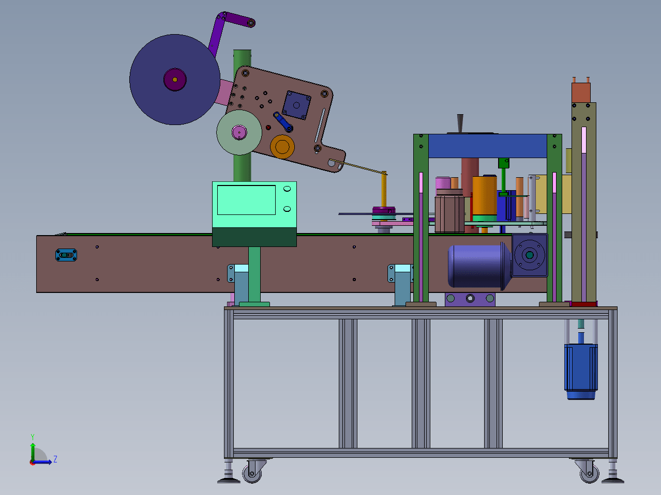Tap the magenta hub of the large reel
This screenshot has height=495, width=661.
(x=175, y=80)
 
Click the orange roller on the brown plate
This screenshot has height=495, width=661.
(x=282, y=147)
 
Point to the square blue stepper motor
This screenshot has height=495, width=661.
(x=296, y=105)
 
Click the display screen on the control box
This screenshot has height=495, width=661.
(x=246, y=200)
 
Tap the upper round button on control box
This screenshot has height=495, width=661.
(x=287, y=189)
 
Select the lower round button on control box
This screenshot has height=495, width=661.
(x=287, y=209)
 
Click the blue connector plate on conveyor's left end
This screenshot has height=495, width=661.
(x=66, y=255)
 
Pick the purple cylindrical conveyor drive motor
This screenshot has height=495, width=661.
(x=479, y=266)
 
